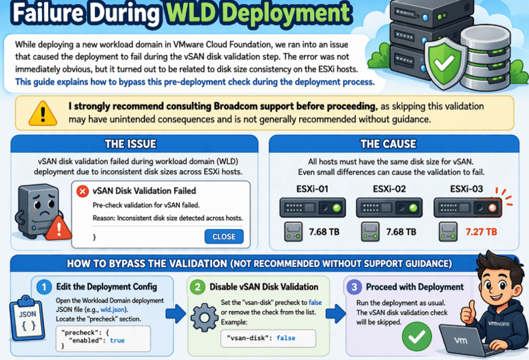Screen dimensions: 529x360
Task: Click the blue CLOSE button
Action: click(x=224, y=237)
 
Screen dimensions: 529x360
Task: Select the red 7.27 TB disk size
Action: click(x=481, y=232)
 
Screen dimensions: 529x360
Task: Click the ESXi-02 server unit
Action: click(x=383, y=207)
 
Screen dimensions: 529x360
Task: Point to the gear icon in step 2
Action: click(x=204, y=319)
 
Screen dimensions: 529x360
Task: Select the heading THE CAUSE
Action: click(x=388, y=145)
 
